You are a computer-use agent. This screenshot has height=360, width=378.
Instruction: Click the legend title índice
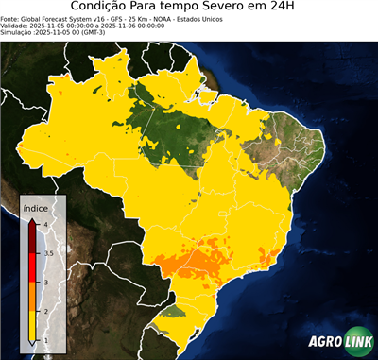(36, 206)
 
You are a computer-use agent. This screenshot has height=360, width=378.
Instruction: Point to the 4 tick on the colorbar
(44, 224)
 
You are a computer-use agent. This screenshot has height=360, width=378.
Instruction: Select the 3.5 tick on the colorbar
(47, 253)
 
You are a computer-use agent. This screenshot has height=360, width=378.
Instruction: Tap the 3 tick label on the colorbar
(44, 282)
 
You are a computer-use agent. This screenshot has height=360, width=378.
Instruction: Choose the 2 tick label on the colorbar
(44, 311)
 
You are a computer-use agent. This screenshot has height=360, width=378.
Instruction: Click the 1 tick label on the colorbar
(44, 340)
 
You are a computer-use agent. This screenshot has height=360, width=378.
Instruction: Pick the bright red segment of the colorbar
(33, 267)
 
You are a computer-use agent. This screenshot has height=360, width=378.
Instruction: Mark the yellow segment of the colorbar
(33, 326)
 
